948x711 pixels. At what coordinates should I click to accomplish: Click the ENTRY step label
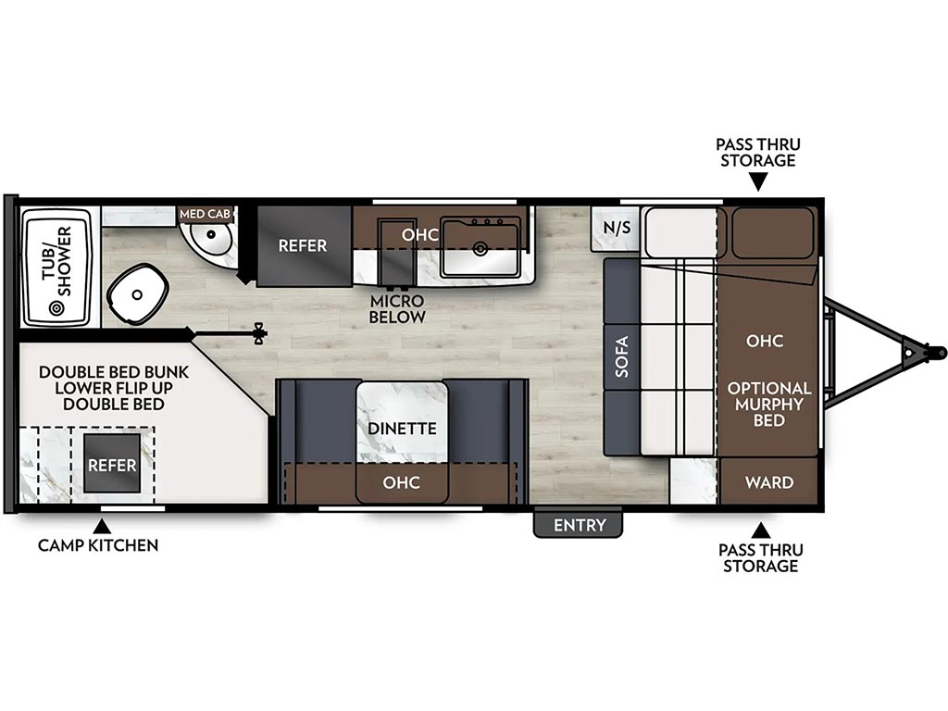[580, 525]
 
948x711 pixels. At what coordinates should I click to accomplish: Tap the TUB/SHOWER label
[56, 261]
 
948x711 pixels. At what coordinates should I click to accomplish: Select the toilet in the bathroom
[137, 294]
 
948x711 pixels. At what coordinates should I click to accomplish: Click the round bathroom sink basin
[211, 234]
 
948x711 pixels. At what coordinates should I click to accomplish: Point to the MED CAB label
[205, 214]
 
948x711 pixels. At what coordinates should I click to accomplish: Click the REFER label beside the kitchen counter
[303, 245]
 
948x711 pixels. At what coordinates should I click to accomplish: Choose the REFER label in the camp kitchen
[112, 465]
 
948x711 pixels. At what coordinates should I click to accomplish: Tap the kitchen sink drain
[480, 248]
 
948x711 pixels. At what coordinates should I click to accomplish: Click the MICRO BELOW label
[397, 308]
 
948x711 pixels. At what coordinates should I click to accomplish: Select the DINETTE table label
[402, 429]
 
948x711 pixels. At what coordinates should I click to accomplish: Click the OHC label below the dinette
[402, 481]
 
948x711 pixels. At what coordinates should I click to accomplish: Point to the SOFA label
[621, 356]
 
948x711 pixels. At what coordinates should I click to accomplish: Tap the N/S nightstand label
[617, 228]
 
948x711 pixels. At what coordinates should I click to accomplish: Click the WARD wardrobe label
[769, 481]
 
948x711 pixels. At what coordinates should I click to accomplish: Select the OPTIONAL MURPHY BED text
[769, 404]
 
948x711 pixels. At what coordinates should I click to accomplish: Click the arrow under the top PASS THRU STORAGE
[758, 181]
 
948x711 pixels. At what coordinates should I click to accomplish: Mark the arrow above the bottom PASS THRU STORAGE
[761, 531]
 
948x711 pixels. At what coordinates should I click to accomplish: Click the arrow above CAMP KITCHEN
[102, 526]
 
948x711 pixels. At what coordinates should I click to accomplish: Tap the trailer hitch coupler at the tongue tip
[937, 351]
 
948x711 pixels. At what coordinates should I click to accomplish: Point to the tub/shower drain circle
[56, 308]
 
